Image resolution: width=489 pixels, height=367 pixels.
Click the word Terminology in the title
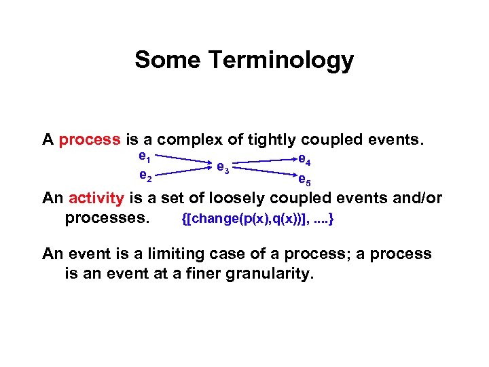coord(280,61)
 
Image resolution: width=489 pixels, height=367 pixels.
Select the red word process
coord(90,141)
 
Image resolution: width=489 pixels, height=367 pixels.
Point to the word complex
coord(189,141)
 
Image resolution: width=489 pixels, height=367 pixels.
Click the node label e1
coord(143,157)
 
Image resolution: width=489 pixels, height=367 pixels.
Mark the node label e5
coord(304,180)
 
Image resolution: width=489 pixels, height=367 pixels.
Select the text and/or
coord(418,198)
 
